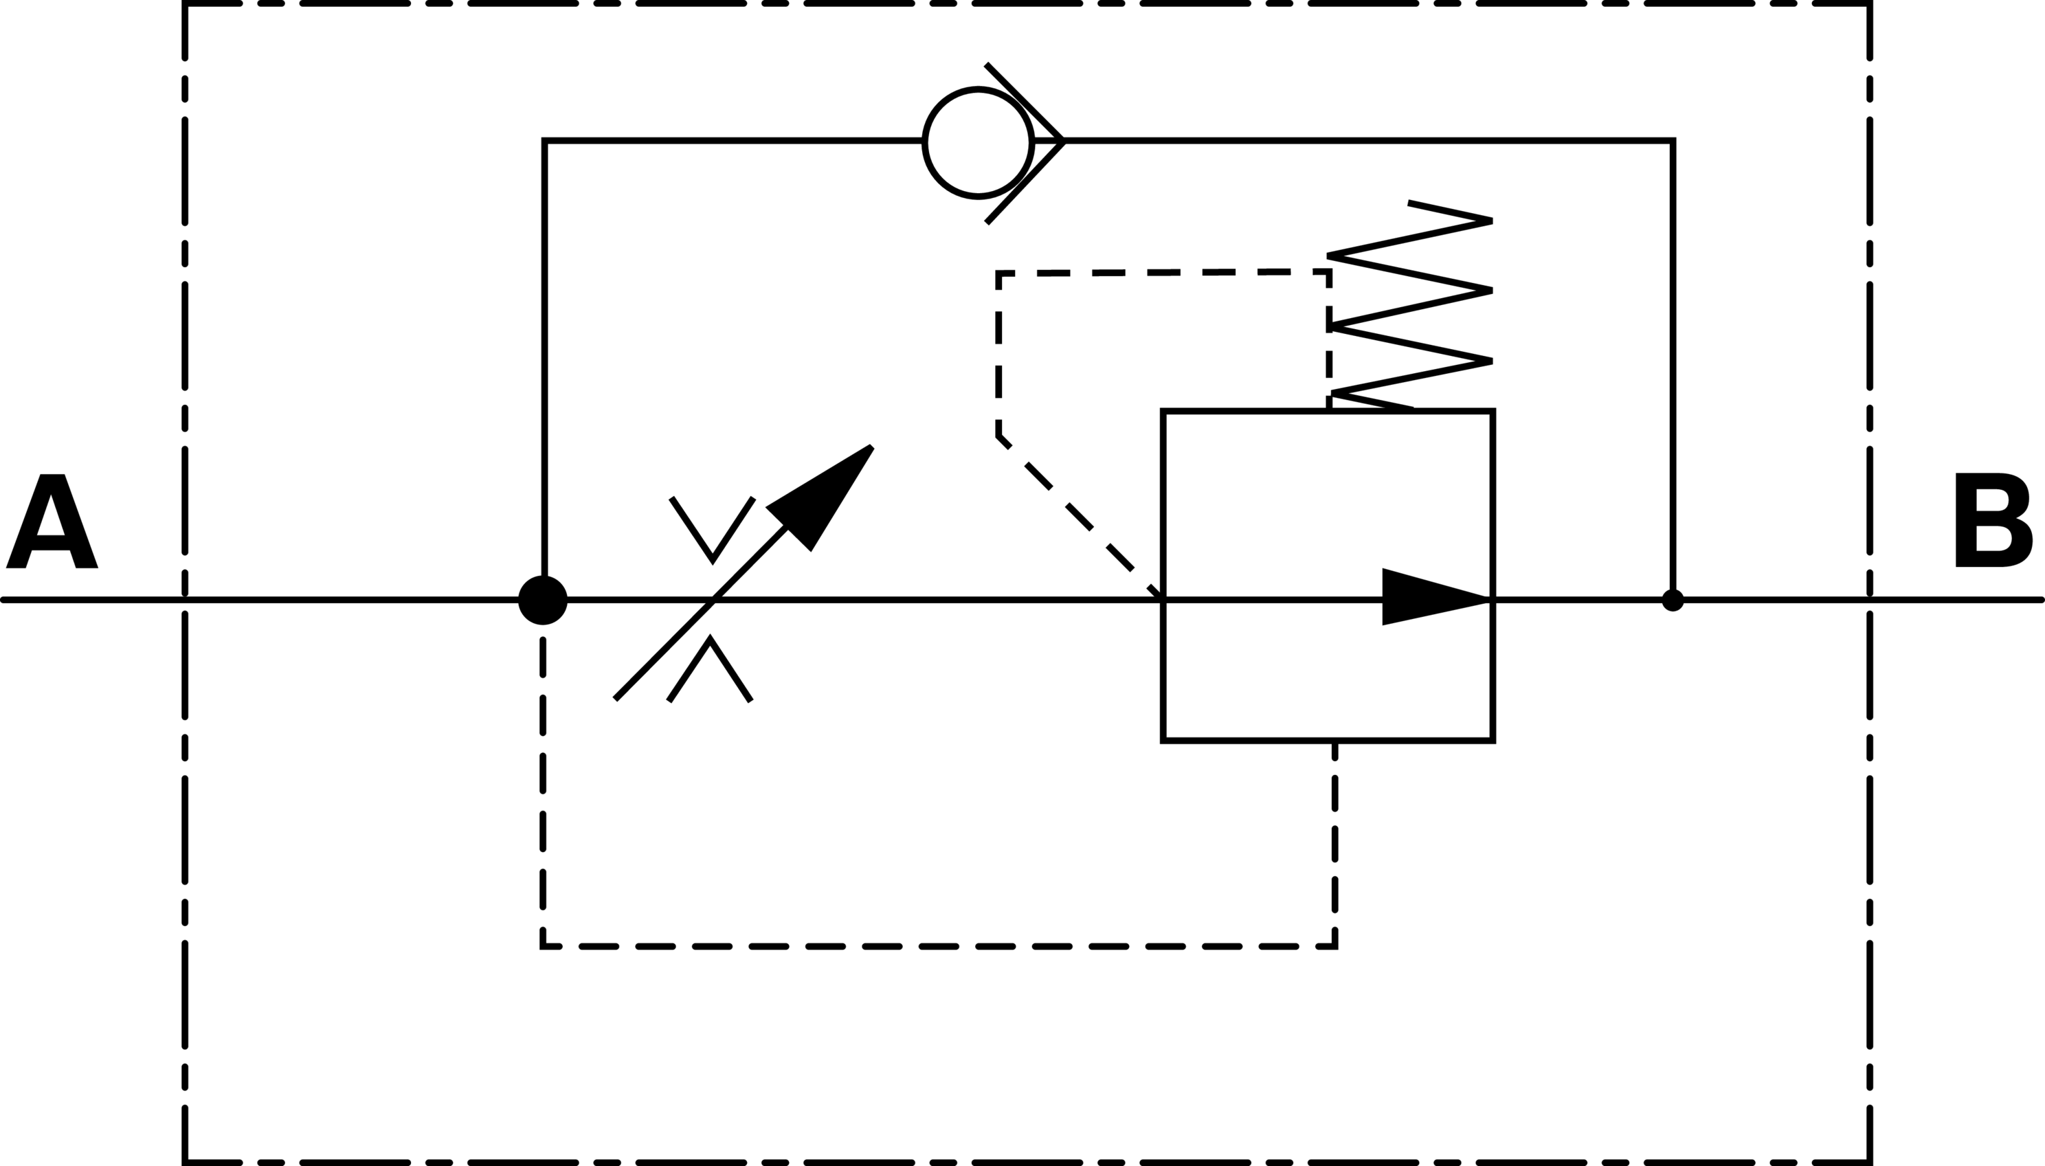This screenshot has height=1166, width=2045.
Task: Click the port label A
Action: (52, 522)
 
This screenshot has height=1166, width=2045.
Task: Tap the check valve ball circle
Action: (978, 142)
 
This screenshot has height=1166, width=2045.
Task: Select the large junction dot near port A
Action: (543, 600)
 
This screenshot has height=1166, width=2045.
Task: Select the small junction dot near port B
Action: (1673, 600)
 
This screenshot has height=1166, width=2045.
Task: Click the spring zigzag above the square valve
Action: (1409, 309)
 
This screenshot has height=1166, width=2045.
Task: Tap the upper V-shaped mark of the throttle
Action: (712, 528)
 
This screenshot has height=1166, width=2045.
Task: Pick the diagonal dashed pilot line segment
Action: (1077, 517)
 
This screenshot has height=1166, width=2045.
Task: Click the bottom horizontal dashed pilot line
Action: (937, 948)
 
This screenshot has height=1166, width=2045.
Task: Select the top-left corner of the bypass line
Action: (544, 141)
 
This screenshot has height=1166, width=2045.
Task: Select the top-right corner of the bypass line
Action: (1673, 141)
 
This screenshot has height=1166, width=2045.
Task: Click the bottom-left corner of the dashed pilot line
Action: (543, 948)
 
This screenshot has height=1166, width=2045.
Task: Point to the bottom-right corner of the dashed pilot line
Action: (1334, 948)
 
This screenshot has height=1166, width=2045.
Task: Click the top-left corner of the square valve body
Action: (1163, 412)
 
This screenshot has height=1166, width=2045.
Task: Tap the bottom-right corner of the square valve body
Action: (1493, 741)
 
